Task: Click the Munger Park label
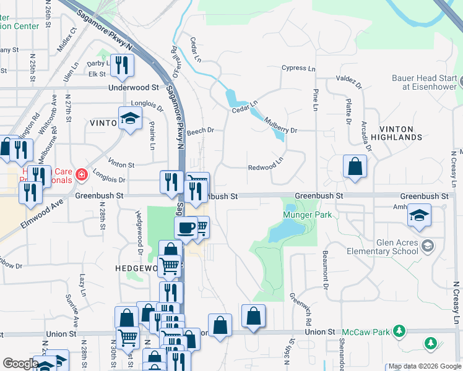click(x=308, y=215)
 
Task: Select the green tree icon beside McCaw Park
click(x=399, y=331)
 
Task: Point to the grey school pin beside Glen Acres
click(x=426, y=247)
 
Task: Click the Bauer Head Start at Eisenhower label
click(x=424, y=82)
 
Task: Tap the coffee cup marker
click(x=186, y=228)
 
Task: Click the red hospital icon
click(x=80, y=176)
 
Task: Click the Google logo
click(x=20, y=364)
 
